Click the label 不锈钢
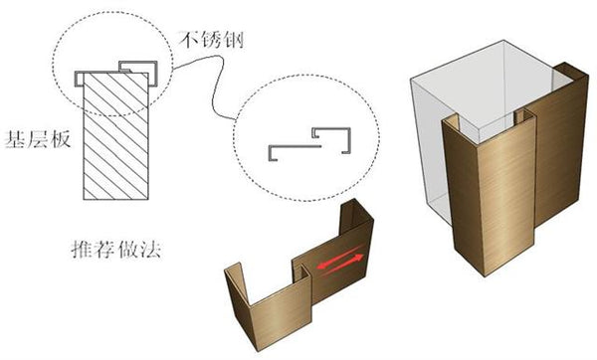[211, 40]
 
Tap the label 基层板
[38, 139]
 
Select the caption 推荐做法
[116, 250]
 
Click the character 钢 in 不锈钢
[233, 40]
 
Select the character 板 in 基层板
[61, 139]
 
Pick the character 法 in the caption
[150, 250]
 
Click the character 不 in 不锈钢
[190, 40]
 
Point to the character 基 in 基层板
[15, 139]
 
